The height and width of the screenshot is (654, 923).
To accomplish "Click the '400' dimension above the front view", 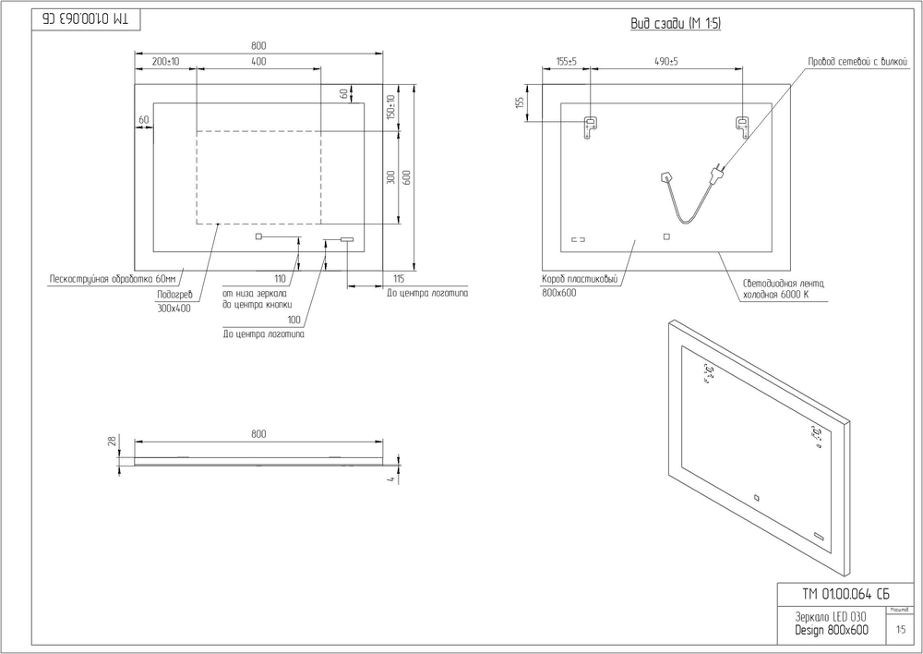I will [x=258, y=62].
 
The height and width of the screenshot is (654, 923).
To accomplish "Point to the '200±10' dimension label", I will [x=165, y=62].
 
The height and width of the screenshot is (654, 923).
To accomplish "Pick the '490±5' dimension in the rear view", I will [x=665, y=62].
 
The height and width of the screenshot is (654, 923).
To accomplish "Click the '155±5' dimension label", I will [x=566, y=62].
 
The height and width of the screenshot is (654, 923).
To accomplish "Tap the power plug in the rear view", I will [x=716, y=172].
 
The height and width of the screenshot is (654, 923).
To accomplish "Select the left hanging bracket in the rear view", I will [x=590, y=126].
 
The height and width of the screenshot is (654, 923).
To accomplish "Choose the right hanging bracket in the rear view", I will [x=740, y=126].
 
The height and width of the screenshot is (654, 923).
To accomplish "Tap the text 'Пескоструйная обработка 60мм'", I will [x=112, y=278].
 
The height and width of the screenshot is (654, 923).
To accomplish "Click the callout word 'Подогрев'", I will [x=174, y=294].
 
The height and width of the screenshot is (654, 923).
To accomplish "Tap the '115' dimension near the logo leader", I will [x=398, y=278].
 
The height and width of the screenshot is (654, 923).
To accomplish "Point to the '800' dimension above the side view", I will [x=258, y=433].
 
